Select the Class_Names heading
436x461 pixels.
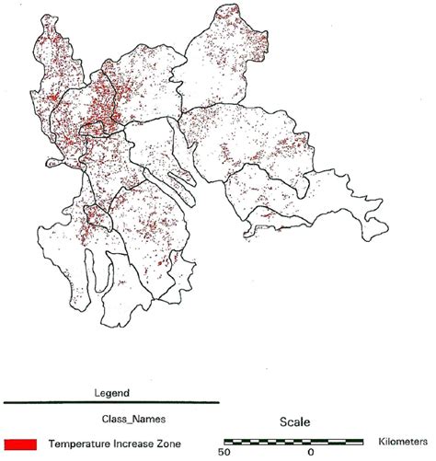(x=110, y=419)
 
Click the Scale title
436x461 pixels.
(x=295, y=422)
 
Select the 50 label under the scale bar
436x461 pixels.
(x=224, y=453)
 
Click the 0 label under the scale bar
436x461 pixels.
(x=310, y=453)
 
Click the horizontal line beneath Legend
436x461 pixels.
(x=110, y=403)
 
